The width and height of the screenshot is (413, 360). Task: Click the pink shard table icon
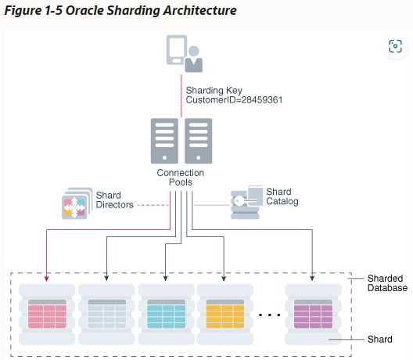(47, 314)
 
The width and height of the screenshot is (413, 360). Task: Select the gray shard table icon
(106, 314)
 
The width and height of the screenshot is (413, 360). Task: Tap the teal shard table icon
(166, 314)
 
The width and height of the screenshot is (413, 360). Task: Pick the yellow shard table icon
(225, 314)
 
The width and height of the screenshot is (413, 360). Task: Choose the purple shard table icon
(313, 314)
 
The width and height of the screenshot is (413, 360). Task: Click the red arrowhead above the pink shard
(47, 279)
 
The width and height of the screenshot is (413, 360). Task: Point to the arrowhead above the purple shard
(312, 278)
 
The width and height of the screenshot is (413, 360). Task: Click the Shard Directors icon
(77, 203)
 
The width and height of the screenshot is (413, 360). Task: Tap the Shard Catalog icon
(246, 202)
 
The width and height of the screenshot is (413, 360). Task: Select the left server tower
(164, 141)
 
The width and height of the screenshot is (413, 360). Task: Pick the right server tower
(199, 141)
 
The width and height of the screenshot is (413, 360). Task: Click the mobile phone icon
(177, 50)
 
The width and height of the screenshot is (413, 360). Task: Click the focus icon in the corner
(395, 46)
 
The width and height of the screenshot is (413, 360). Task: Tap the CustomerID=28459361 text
(234, 100)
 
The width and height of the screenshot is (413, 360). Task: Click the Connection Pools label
(181, 178)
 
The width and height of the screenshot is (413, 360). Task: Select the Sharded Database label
(387, 283)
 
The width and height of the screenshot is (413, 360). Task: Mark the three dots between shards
(269, 315)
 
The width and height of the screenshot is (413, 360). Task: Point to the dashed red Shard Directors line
(153, 205)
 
